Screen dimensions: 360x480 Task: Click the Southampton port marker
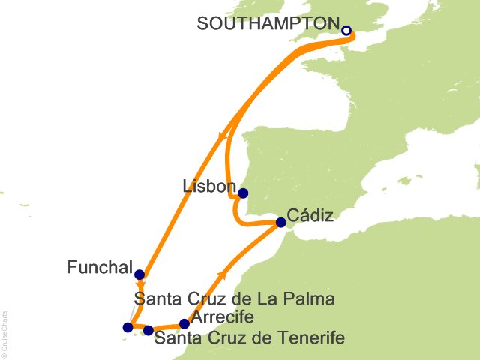tap(346, 31)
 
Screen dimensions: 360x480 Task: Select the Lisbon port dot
tap(242, 193)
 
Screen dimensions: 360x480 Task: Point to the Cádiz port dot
tap(280, 222)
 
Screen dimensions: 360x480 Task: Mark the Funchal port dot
tap(139, 274)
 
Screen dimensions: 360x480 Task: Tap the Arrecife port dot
tap(184, 324)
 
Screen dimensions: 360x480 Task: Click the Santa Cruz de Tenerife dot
tap(148, 330)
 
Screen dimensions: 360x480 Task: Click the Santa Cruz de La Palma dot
tap(127, 327)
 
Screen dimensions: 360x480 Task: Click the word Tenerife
tap(314, 337)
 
